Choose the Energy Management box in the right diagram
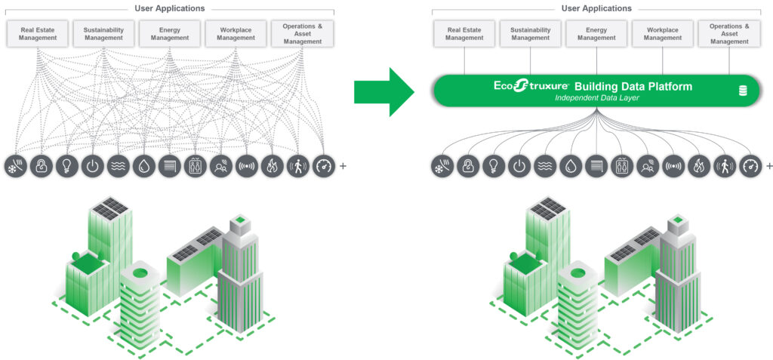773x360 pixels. tap(596, 33)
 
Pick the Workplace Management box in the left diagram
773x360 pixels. tap(236, 33)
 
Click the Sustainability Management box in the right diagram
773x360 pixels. tap(530, 33)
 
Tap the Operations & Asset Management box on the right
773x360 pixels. tap(729, 33)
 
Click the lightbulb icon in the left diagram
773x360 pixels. tap(66, 166)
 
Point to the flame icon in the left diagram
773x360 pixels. tap(272, 166)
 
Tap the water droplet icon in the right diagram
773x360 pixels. tap(570, 166)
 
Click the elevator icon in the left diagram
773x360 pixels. tap(195, 166)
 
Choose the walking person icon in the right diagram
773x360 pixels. tap(725, 166)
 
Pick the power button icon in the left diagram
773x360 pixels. tap(92, 166)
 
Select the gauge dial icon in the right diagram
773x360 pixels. tap(750, 166)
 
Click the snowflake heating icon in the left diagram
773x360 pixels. tap(15, 166)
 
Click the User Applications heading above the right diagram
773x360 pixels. tap(596, 8)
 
